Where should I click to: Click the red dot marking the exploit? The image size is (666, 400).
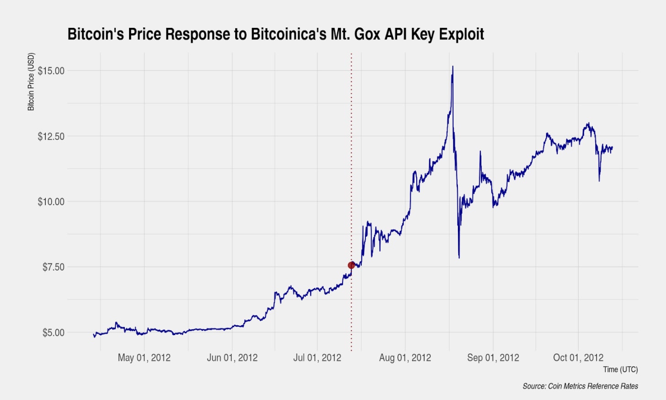tap(351, 265)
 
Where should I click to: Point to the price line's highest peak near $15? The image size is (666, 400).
tap(452, 67)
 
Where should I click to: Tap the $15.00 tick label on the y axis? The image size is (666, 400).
tap(51, 71)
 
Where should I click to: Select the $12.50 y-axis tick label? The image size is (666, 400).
tap(51, 136)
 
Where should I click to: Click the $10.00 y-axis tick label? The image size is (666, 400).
tap(51, 202)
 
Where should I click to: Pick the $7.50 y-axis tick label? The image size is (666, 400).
tap(53, 267)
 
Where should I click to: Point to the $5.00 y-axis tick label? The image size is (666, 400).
tap(53, 333)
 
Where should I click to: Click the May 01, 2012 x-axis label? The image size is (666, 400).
tap(144, 358)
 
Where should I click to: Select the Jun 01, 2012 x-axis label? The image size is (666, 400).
tap(232, 358)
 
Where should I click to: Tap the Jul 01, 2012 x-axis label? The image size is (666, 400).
tap(317, 358)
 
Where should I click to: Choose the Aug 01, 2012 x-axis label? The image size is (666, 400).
tap(405, 358)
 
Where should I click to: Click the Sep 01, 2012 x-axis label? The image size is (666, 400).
tap(493, 358)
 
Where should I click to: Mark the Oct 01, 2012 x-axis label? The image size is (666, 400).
tap(578, 358)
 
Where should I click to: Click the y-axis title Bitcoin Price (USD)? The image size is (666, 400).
tap(31, 82)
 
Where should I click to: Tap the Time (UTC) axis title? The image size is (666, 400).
tap(620, 369)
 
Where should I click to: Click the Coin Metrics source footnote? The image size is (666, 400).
tap(580, 386)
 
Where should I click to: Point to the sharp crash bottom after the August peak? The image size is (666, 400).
tap(459, 258)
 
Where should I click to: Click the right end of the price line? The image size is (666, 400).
tap(612, 147)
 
